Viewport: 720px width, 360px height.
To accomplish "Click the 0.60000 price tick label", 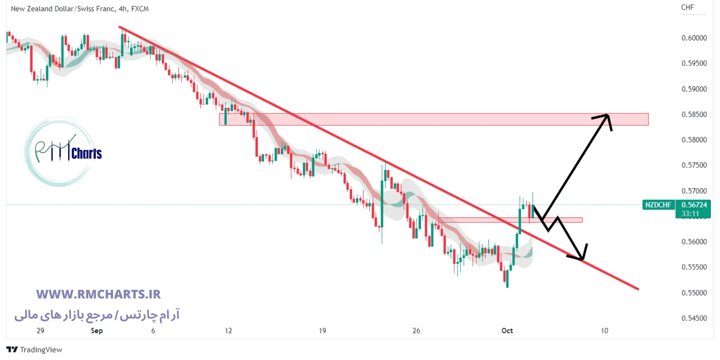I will (694, 38).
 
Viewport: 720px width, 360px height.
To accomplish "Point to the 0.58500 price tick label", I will (694, 114).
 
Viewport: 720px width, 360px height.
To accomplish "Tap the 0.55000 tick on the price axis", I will (694, 293).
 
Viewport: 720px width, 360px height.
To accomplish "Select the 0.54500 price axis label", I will (694, 318).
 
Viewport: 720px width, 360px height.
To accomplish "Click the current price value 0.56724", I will (694, 205).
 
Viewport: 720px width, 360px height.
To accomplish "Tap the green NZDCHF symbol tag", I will (658, 205).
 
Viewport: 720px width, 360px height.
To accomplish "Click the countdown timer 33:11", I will (690, 213).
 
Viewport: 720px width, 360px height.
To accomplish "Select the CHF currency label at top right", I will (687, 7).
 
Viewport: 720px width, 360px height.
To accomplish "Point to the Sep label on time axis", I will (96, 330).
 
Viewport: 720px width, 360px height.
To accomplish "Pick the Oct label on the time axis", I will (507, 330).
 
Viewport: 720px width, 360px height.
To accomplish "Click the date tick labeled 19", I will (322, 330).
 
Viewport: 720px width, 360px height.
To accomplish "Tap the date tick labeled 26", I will (416, 330).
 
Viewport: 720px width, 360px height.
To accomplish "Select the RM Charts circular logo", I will (60, 152).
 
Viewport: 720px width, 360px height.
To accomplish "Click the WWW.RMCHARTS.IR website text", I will (98, 294).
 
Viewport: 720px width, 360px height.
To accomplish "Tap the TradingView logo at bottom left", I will (34, 350).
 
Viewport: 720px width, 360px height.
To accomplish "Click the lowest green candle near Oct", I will (507, 279).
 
